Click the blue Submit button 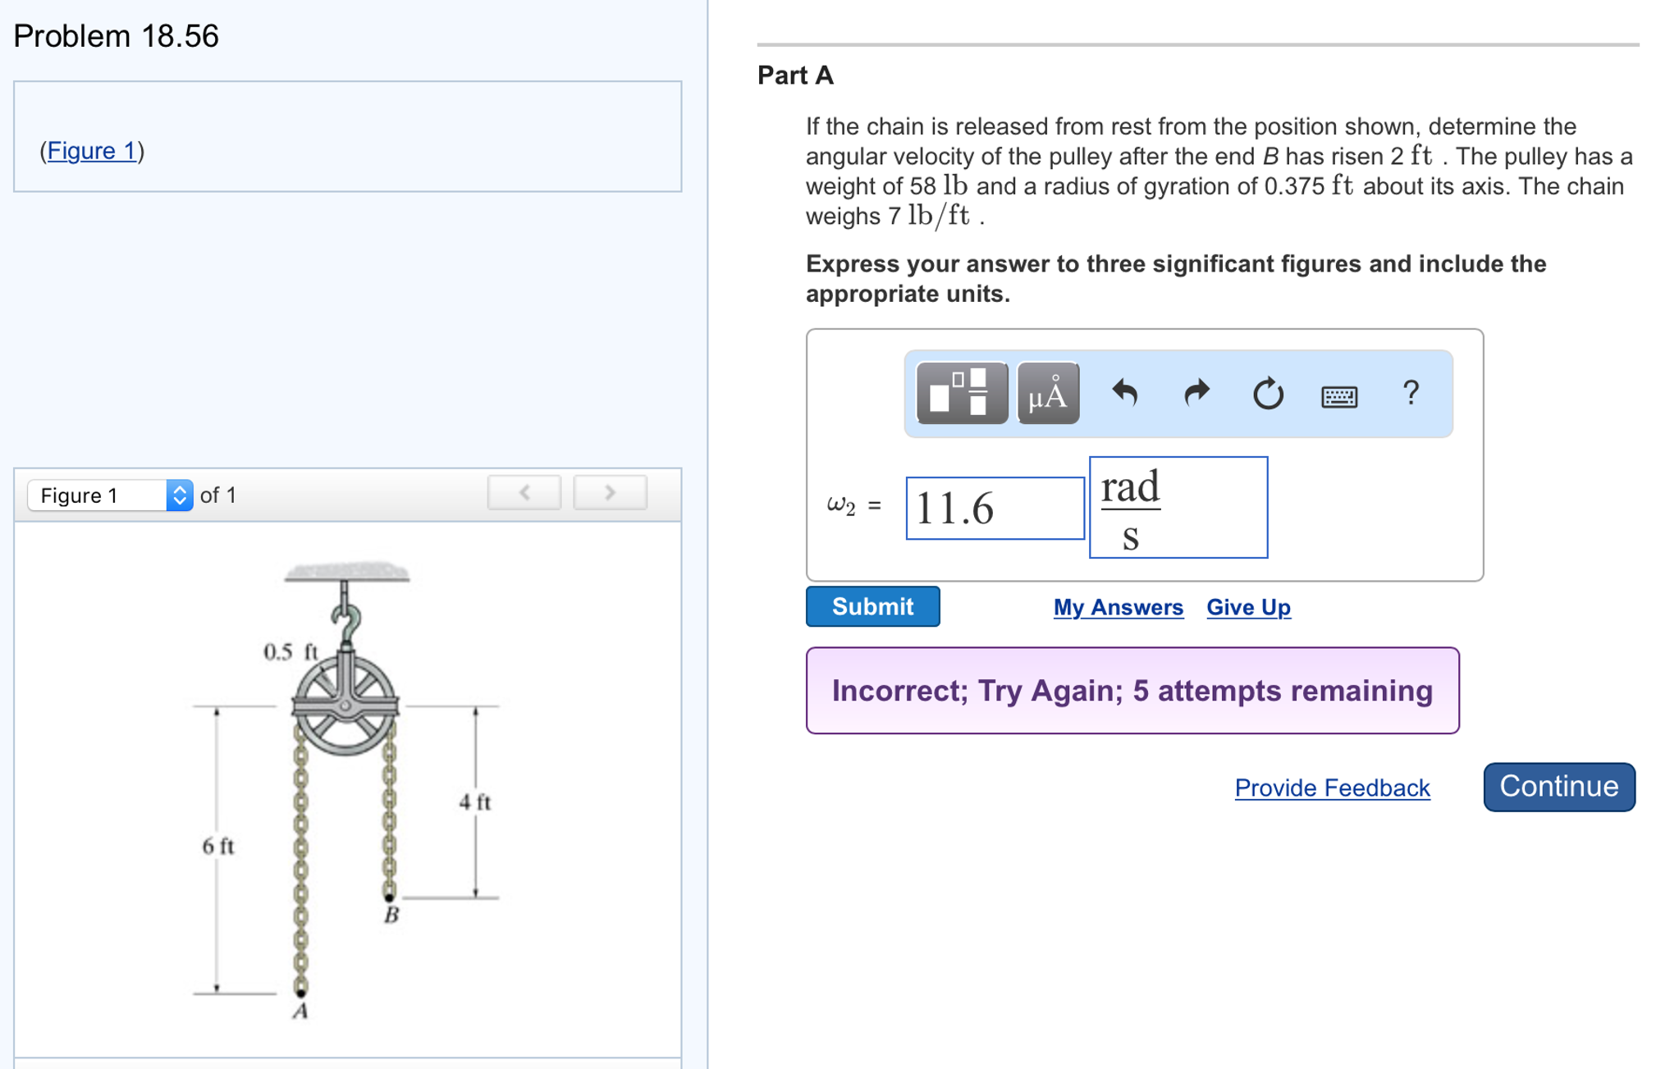[x=872, y=606]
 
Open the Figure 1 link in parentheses [x=91, y=151]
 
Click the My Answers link [x=1118, y=607]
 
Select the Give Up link [x=1247, y=607]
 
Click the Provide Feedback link [x=1331, y=788]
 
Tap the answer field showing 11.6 [x=994, y=509]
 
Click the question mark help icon [x=1410, y=394]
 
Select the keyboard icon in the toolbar [x=1338, y=396]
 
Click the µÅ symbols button [x=1048, y=394]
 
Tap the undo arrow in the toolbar [x=1124, y=394]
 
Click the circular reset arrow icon [x=1267, y=394]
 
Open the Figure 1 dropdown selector [x=110, y=495]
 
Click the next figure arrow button [x=609, y=492]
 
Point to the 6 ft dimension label [x=217, y=846]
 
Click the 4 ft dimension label [x=474, y=802]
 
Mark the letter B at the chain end [x=391, y=915]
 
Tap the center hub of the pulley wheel [x=345, y=705]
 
